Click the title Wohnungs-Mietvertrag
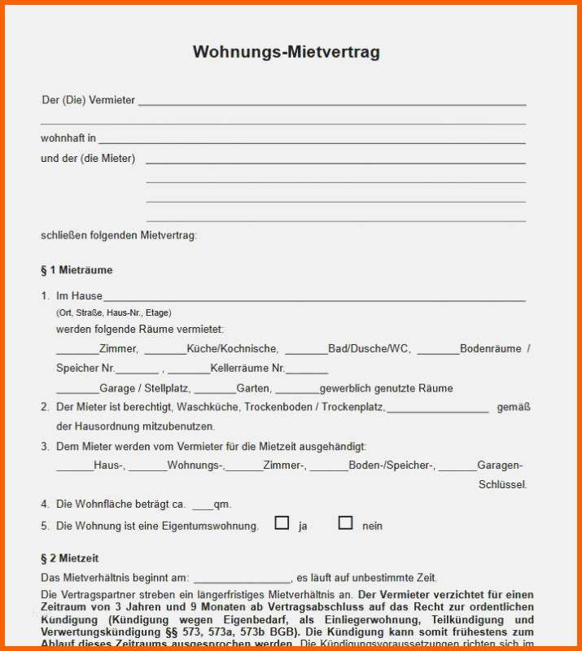click(286, 52)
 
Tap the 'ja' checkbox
click(282, 523)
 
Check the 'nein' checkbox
click(345, 523)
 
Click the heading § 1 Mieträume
click(77, 270)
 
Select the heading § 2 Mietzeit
click(69, 558)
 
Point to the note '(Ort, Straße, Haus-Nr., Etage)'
click(113, 312)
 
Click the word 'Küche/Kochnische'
click(232, 348)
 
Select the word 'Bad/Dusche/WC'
click(369, 348)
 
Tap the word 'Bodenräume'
click(490, 348)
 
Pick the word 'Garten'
click(253, 388)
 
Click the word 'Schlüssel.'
click(502, 485)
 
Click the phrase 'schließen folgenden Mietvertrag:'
click(119, 236)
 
